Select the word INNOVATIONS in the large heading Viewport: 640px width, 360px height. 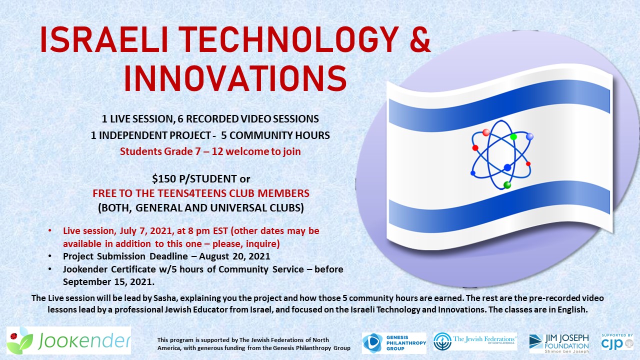point(235,77)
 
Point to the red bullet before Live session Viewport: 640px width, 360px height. point(49,231)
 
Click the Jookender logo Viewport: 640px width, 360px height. point(68,341)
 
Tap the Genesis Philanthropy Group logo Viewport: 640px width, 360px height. point(393,342)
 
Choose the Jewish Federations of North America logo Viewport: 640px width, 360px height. point(475,341)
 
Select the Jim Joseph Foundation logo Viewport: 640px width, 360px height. point(559,343)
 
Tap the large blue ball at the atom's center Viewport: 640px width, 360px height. point(507,167)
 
